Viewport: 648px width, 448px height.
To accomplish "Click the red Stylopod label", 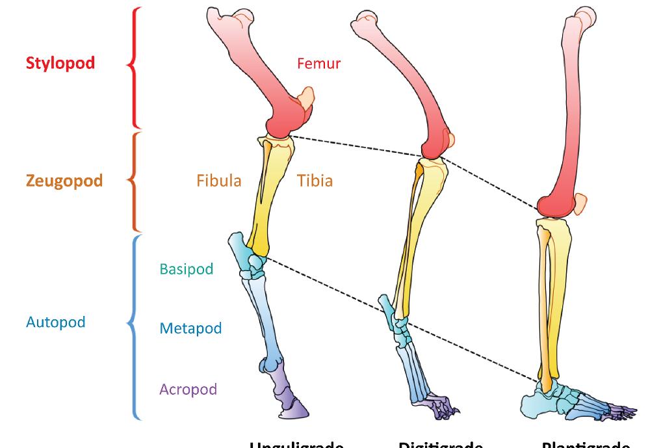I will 60,63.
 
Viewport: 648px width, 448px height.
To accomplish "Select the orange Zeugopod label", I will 64,180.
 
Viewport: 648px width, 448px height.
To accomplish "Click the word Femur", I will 318,63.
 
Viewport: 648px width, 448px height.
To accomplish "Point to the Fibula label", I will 218,180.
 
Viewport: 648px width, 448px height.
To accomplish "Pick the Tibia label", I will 315,180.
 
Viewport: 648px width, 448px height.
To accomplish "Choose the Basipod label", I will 186,269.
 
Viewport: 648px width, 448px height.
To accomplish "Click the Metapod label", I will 190,328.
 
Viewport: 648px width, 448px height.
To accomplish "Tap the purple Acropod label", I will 188,389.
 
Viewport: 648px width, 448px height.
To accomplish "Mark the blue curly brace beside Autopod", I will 135,325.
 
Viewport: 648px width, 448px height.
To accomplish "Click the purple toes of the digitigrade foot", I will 442,407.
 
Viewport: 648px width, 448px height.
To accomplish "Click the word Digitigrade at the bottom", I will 440,445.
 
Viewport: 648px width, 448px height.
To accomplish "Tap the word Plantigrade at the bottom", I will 585,445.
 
